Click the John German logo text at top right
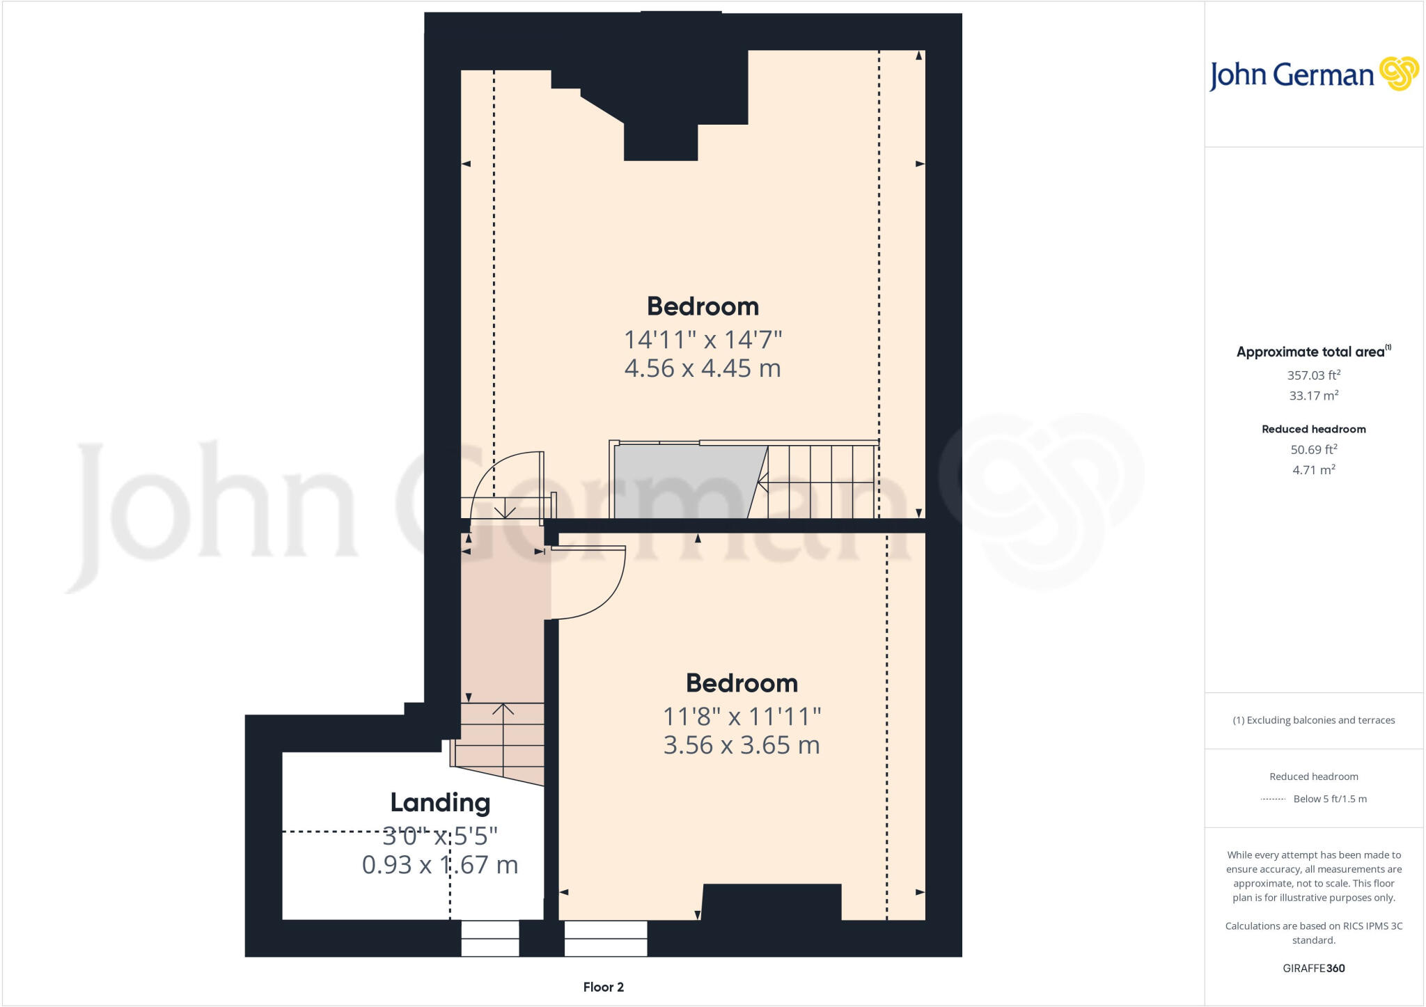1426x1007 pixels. point(1291,75)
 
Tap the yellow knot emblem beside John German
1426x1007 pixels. point(1399,73)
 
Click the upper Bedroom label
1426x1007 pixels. point(703,306)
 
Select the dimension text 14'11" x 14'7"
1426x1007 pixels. point(703,340)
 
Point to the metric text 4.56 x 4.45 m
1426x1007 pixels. point(703,368)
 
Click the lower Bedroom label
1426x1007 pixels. point(742,683)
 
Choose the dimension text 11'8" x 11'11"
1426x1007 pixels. point(742,716)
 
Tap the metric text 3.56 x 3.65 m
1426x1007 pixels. point(742,745)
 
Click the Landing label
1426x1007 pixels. point(440,803)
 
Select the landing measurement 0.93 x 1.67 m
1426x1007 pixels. point(440,865)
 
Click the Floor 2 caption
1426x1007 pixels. point(603,987)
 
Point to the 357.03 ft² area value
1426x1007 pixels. point(1313,375)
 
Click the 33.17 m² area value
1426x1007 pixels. point(1313,396)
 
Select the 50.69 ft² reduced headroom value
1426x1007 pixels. point(1313,450)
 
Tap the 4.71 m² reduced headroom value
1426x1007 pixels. point(1313,470)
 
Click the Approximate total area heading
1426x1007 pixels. point(1310,352)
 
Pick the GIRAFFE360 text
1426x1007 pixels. point(1313,968)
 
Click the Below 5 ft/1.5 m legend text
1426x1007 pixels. point(1330,799)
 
